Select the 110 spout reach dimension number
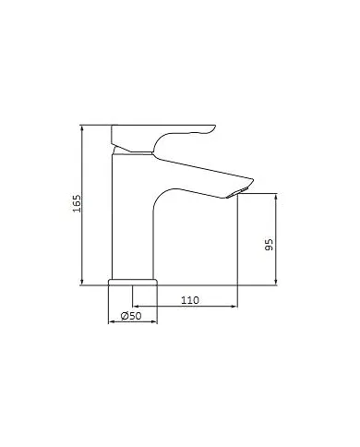click(x=189, y=300)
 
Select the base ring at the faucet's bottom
click(x=133, y=280)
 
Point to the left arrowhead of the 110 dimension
click(x=137, y=308)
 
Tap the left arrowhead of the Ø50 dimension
click(x=113, y=323)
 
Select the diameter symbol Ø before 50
click(x=125, y=317)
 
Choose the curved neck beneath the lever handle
click(x=152, y=148)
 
